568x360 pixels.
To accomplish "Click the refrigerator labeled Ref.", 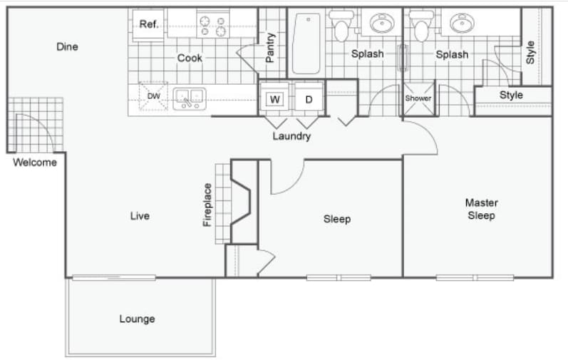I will pyautogui.click(x=148, y=24).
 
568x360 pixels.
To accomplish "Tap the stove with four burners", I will pyautogui.click(x=212, y=26).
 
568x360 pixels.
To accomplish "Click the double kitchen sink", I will pyautogui.click(x=189, y=97).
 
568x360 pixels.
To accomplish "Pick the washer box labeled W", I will pyautogui.click(x=274, y=99).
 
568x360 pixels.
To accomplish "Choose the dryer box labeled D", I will pyautogui.click(x=309, y=99).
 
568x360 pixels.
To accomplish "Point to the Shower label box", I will pyautogui.click(x=418, y=98).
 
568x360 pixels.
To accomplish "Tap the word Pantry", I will pyautogui.click(x=270, y=47).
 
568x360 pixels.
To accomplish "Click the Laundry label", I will pyautogui.click(x=291, y=136).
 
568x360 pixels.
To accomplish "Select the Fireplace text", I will pyautogui.click(x=207, y=205).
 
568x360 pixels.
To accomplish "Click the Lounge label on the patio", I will pyautogui.click(x=137, y=319).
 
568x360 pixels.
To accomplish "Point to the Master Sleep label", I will pyautogui.click(x=481, y=209).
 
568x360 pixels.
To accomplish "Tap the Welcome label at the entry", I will pyautogui.click(x=35, y=162).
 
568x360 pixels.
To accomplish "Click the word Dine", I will pyautogui.click(x=67, y=47).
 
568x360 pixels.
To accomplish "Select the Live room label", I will pyautogui.click(x=140, y=215).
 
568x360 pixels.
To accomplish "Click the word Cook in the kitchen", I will pyautogui.click(x=190, y=58).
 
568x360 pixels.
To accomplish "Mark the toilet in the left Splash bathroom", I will pyautogui.click(x=343, y=26).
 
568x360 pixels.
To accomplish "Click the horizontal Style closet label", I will pyautogui.click(x=511, y=95).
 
